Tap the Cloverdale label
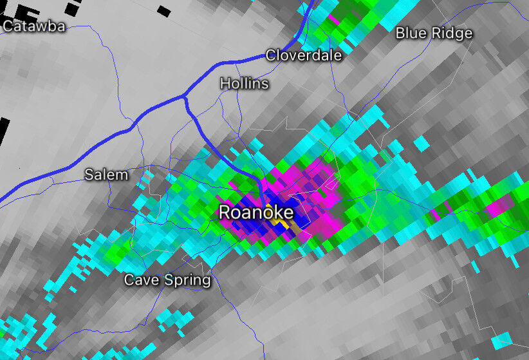[x=304, y=55]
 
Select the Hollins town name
[x=244, y=84]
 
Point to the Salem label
[x=106, y=175]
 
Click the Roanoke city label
[x=256, y=213]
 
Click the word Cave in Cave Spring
[x=139, y=280]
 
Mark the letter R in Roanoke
[x=225, y=213]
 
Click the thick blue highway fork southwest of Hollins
[x=185, y=99]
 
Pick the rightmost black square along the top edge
[x=163, y=11]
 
